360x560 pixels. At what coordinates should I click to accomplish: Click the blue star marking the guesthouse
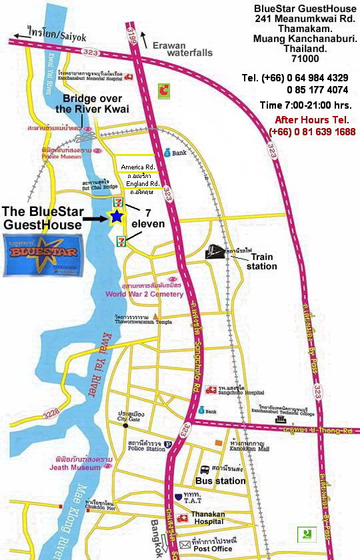coord(117,216)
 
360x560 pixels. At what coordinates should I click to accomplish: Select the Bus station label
coord(220,480)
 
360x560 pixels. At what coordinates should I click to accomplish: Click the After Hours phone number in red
coord(312,131)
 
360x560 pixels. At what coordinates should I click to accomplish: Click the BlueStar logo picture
coord(39,253)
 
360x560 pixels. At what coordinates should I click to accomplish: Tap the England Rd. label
coord(141,183)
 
